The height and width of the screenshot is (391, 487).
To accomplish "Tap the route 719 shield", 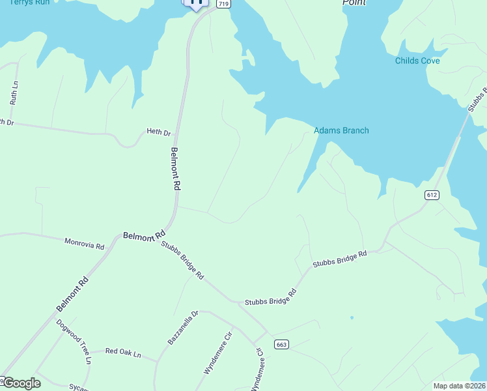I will (223, 4).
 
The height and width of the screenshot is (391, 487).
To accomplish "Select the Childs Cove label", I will (417, 61).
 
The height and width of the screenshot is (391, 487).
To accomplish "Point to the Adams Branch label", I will (341, 130).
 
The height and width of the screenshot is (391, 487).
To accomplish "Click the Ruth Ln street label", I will (13, 94).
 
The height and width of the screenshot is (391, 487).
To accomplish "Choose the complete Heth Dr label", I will (158, 132).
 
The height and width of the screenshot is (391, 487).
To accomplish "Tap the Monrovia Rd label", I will (84, 244).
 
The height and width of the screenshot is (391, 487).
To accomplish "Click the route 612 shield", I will (432, 195).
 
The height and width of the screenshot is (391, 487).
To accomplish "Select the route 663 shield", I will (281, 344).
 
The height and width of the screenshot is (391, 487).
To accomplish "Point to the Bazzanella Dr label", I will (178, 328).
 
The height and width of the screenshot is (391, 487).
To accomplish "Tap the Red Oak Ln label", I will (123, 353).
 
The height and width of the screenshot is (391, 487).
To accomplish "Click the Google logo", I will (21, 383).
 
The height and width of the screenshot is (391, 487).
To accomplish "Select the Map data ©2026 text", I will (459, 386).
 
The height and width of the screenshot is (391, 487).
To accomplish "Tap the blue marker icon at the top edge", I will (196, 3).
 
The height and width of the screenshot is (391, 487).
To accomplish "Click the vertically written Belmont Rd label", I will (175, 168).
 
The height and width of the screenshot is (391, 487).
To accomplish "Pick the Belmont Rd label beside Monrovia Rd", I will (144, 235).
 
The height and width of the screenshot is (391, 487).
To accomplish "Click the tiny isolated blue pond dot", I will (352, 318).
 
